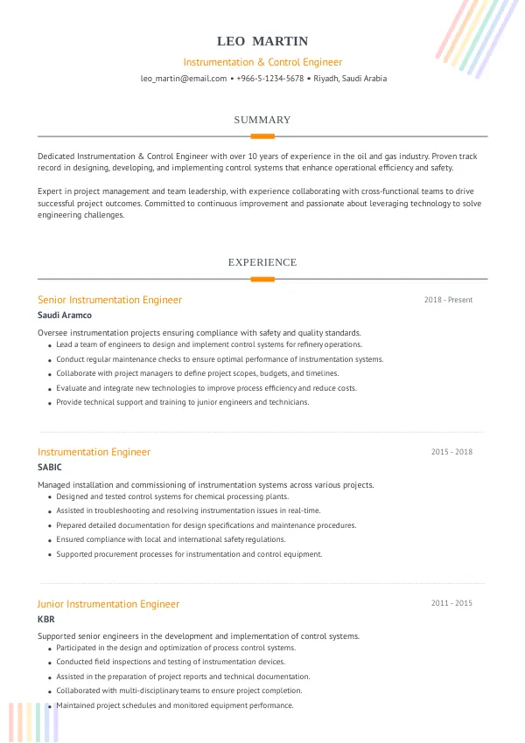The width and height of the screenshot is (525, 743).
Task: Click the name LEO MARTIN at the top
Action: (262, 41)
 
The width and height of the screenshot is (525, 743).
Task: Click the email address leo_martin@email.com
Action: (184, 79)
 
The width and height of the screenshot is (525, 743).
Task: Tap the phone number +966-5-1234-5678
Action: (270, 79)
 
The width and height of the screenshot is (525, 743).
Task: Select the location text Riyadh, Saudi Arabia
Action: (350, 79)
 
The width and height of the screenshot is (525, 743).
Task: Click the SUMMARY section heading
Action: (262, 120)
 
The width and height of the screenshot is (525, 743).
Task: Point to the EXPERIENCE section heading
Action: (262, 262)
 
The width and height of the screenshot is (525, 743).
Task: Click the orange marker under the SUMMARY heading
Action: (262, 136)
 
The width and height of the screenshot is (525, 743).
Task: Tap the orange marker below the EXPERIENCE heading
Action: (262, 279)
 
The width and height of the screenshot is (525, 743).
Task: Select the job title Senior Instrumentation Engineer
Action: (110, 300)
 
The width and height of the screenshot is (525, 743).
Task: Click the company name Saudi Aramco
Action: (65, 316)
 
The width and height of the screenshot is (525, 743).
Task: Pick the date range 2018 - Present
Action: (448, 300)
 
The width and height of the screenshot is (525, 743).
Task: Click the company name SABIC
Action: (50, 468)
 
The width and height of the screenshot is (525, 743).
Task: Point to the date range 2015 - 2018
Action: (451, 452)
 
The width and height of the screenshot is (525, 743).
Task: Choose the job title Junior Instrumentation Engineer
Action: (108, 604)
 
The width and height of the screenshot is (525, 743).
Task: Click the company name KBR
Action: (46, 619)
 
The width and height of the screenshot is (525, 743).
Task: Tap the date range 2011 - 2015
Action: (451, 603)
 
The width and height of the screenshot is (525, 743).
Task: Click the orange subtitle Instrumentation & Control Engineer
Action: (262, 62)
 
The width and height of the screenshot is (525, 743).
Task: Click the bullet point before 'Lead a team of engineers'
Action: (48, 345)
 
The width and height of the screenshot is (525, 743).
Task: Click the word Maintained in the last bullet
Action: (77, 705)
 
